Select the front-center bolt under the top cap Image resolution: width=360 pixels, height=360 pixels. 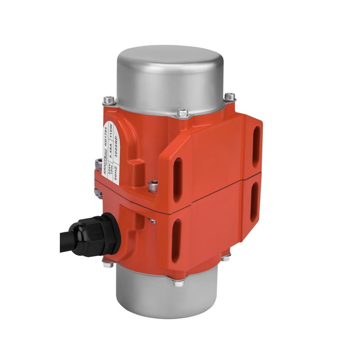coord(182,112)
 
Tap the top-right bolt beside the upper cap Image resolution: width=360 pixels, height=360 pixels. coord(230,96)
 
